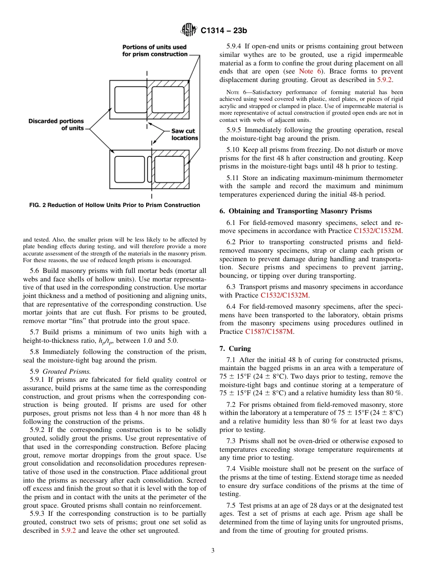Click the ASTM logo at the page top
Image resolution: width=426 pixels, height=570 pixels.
coord(188,30)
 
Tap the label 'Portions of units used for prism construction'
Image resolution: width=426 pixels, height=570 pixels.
coord(155,50)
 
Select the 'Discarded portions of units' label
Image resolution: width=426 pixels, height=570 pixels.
coord(57,125)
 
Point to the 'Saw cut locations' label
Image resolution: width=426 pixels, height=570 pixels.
coord(184,134)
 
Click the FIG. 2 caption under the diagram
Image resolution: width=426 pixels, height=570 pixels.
coord(114,205)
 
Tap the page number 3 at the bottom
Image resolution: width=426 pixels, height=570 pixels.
coord(213,551)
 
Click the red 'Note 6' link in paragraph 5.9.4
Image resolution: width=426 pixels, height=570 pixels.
coord(307,71)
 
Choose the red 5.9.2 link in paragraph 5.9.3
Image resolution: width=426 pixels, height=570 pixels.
coord(69,531)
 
